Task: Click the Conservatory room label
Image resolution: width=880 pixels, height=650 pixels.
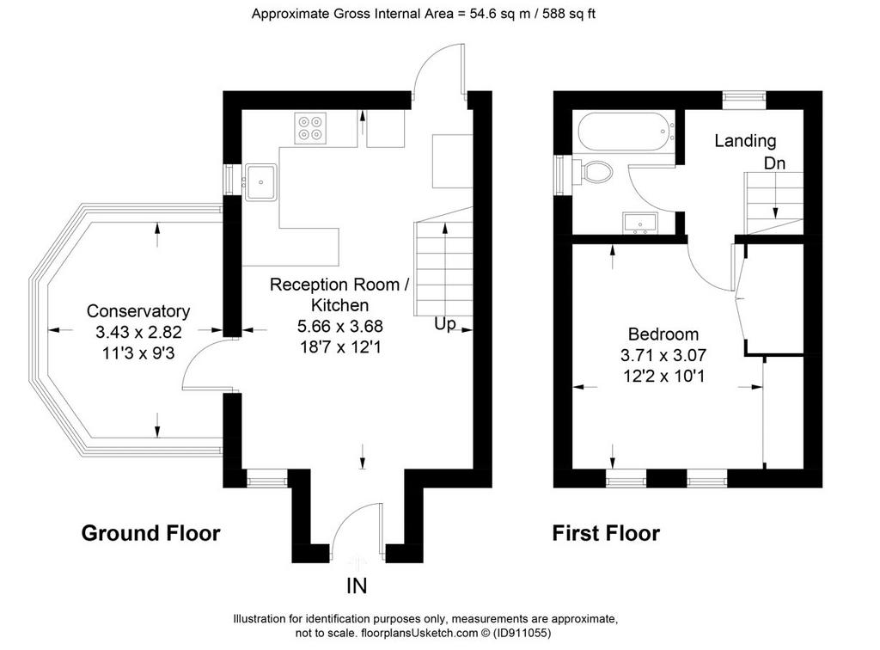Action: [138, 311]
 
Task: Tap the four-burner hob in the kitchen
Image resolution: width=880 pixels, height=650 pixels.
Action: [310, 129]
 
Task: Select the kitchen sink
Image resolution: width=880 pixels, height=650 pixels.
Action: [261, 182]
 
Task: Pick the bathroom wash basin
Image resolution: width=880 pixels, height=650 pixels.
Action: [639, 223]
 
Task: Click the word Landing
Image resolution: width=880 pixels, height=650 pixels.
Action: [745, 141]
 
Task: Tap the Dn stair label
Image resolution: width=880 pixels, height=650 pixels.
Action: [775, 163]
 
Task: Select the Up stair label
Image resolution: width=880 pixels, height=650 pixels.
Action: [444, 324]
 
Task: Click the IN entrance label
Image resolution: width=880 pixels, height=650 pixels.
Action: [357, 586]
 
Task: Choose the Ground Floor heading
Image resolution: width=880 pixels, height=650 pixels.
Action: [151, 533]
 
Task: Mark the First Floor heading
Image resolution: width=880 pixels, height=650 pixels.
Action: [606, 533]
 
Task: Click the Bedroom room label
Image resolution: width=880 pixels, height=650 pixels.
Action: [663, 334]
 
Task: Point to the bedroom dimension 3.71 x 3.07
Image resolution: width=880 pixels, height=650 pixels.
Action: [663, 355]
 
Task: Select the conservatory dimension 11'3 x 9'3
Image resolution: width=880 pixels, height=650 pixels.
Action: [138, 353]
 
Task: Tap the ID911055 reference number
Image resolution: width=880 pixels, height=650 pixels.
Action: [522, 633]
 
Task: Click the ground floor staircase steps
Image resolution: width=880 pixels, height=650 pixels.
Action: [443, 269]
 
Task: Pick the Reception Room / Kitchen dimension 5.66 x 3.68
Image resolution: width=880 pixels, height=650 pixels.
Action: [340, 326]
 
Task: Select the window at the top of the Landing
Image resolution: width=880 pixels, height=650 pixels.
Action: [743, 101]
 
